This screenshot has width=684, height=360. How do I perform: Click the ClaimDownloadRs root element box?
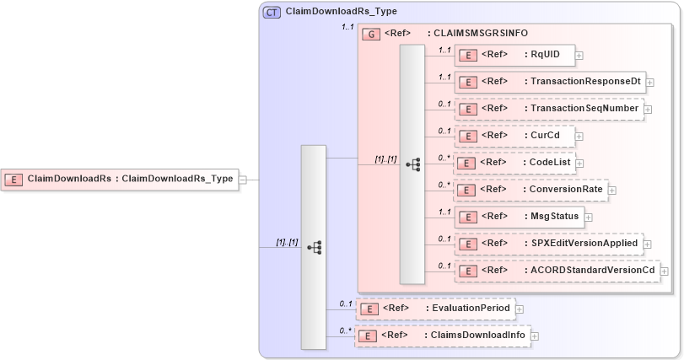[119, 179]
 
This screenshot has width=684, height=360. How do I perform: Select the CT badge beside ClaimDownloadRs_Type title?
[272, 12]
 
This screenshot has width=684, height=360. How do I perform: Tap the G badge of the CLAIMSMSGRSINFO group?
[371, 34]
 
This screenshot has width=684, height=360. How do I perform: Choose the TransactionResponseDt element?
[549, 82]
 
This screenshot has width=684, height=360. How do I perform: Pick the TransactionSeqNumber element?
[548, 109]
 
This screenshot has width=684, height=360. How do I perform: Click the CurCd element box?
[514, 135]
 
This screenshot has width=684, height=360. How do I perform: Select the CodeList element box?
[514, 162]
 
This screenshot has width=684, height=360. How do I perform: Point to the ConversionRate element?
[531, 190]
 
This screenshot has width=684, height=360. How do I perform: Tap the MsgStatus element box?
[519, 217]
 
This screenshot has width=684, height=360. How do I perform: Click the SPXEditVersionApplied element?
[548, 244]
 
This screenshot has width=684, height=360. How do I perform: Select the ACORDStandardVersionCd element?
[556, 271]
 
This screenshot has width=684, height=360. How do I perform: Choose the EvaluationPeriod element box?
[434, 309]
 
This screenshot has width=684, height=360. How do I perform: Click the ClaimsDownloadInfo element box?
[442, 336]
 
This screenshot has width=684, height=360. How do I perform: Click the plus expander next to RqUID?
[579, 56]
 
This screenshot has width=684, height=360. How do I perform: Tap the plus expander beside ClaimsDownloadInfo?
[535, 336]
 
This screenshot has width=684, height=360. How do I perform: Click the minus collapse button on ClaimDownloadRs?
[243, 180]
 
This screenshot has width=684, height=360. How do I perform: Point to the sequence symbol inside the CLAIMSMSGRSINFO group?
[412, 164]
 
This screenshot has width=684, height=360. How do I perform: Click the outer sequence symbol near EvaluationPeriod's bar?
[314, 247]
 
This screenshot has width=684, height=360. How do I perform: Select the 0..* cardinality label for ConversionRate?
[444, 184]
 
